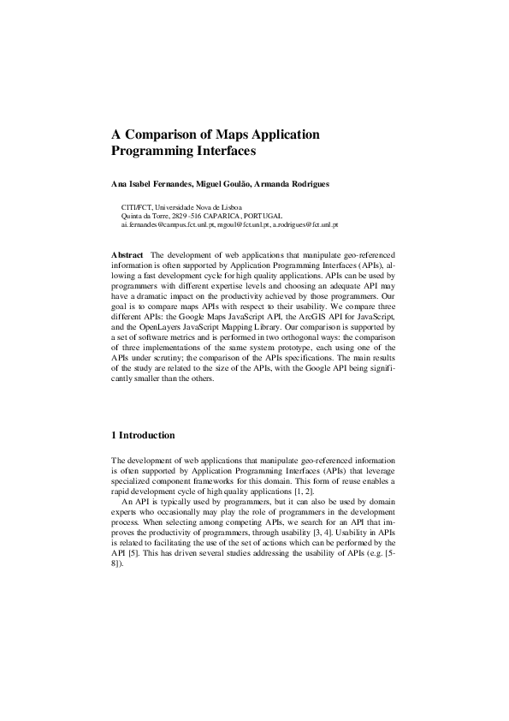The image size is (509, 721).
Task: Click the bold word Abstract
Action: point(127,255)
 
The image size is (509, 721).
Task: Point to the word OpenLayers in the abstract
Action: point(167,327)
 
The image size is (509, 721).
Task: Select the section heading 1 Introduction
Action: point(144,435)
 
